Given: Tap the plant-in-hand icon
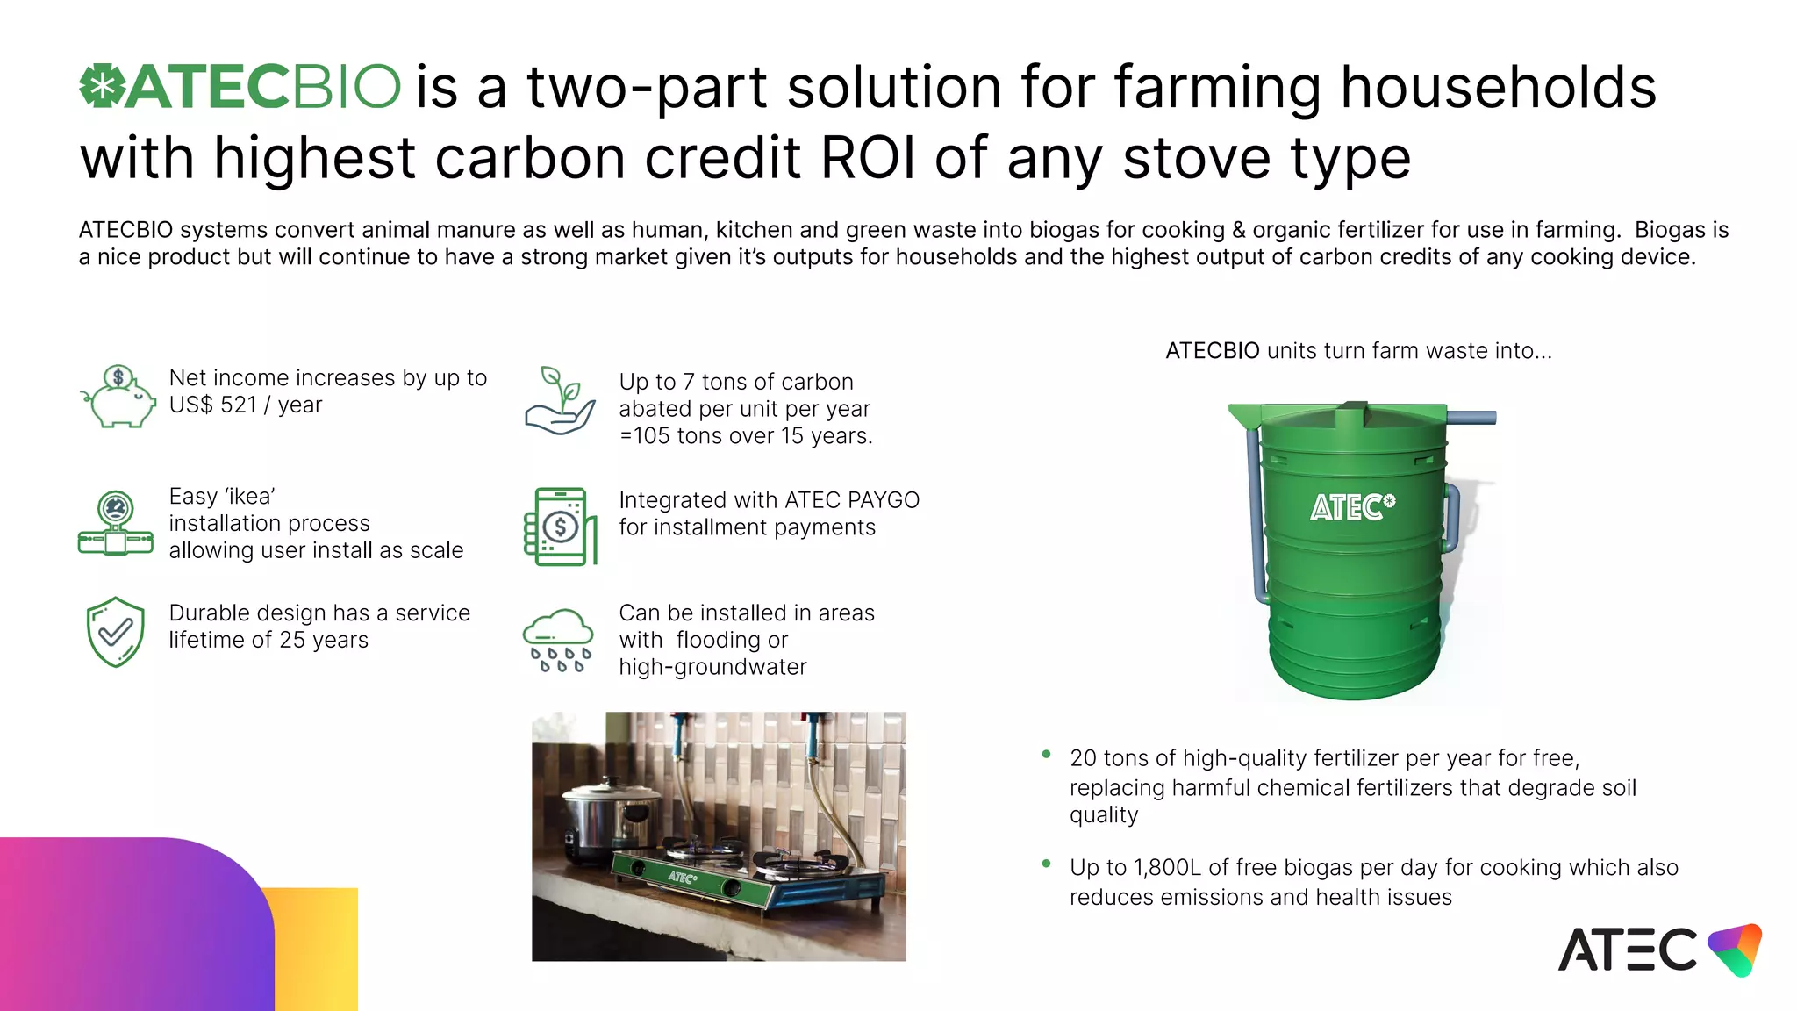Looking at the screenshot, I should tap(561, 401).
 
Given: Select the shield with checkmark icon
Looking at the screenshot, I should tap(115, 632).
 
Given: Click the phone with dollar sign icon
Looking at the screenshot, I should tap(560, 527).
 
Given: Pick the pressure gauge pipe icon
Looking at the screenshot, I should tap(115, 523).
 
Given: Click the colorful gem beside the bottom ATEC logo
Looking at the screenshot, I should tap(1736, 949).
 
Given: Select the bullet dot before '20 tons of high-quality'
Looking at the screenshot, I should tap(1046, 755).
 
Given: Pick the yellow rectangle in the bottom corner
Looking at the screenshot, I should tap(317, 949).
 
